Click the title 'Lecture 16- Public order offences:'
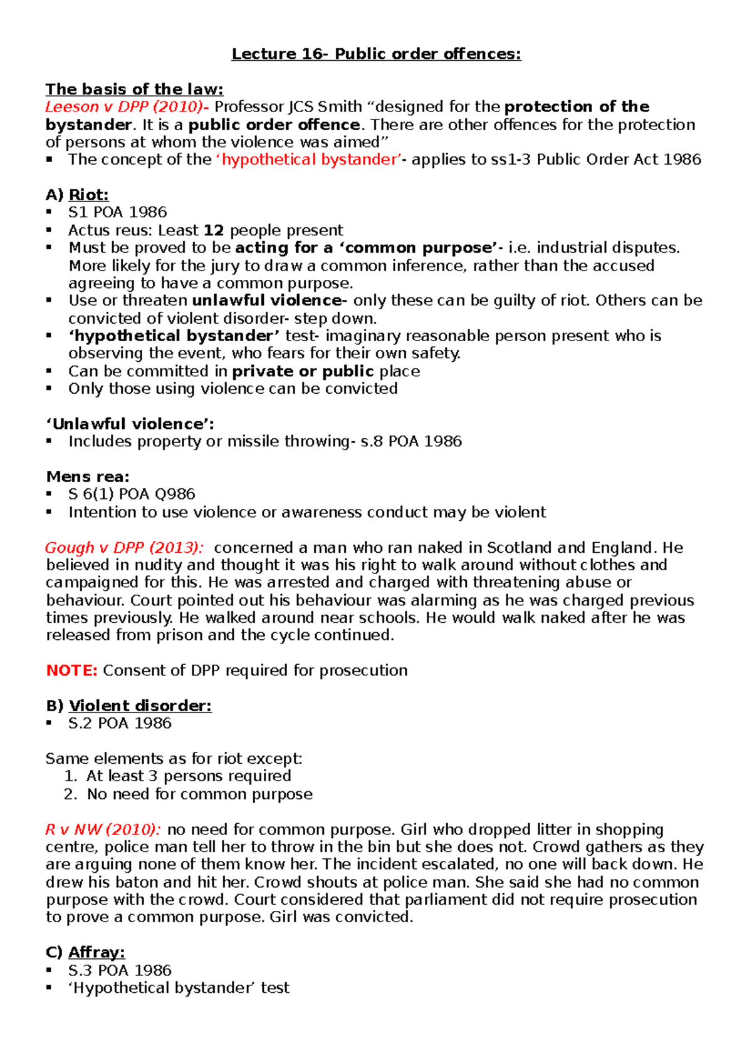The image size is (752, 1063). click(376, 54)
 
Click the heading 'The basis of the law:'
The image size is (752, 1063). click(134, 89)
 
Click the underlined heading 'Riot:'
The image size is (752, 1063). click(88, 195)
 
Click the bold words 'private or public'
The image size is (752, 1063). click(303, 371)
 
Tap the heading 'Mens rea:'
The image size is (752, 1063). click(88, 476)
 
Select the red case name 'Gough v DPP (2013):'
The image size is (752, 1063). click(124, 548)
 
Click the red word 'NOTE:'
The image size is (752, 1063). click(71, 670)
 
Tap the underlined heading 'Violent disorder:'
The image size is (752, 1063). click(140, 706)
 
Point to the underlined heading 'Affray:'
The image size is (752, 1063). click(97, 952)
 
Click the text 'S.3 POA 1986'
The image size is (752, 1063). click(120, 970)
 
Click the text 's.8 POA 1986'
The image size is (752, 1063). click(411, 441)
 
